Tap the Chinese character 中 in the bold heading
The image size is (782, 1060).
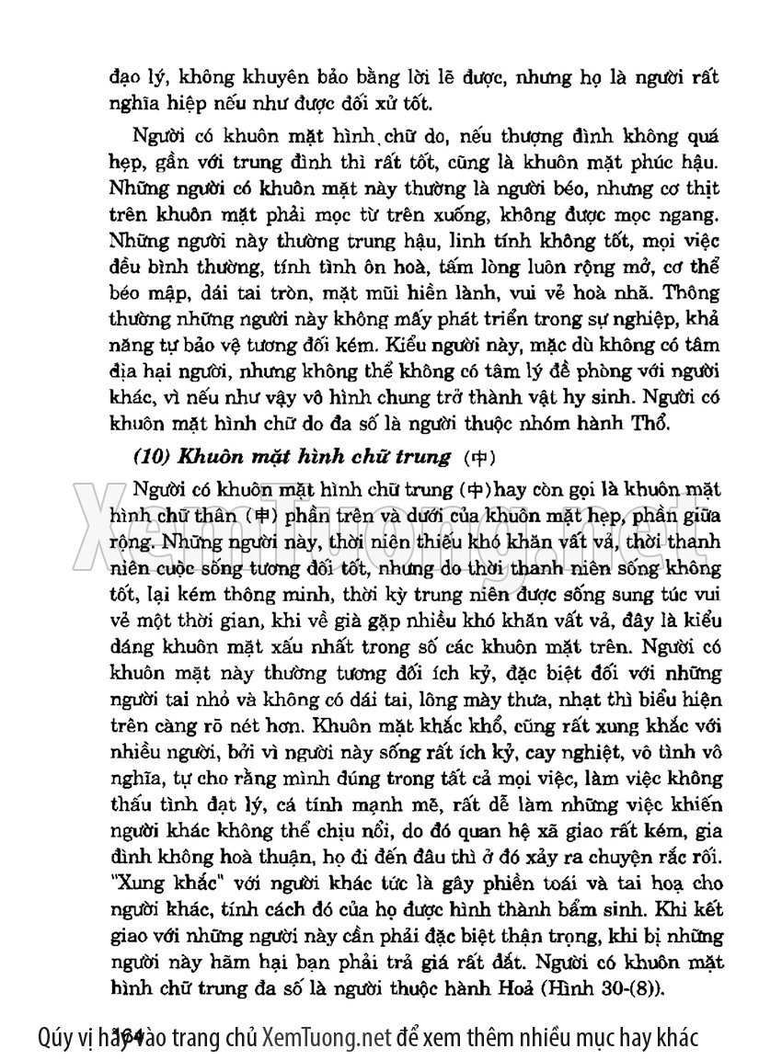(x=480, y=457)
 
